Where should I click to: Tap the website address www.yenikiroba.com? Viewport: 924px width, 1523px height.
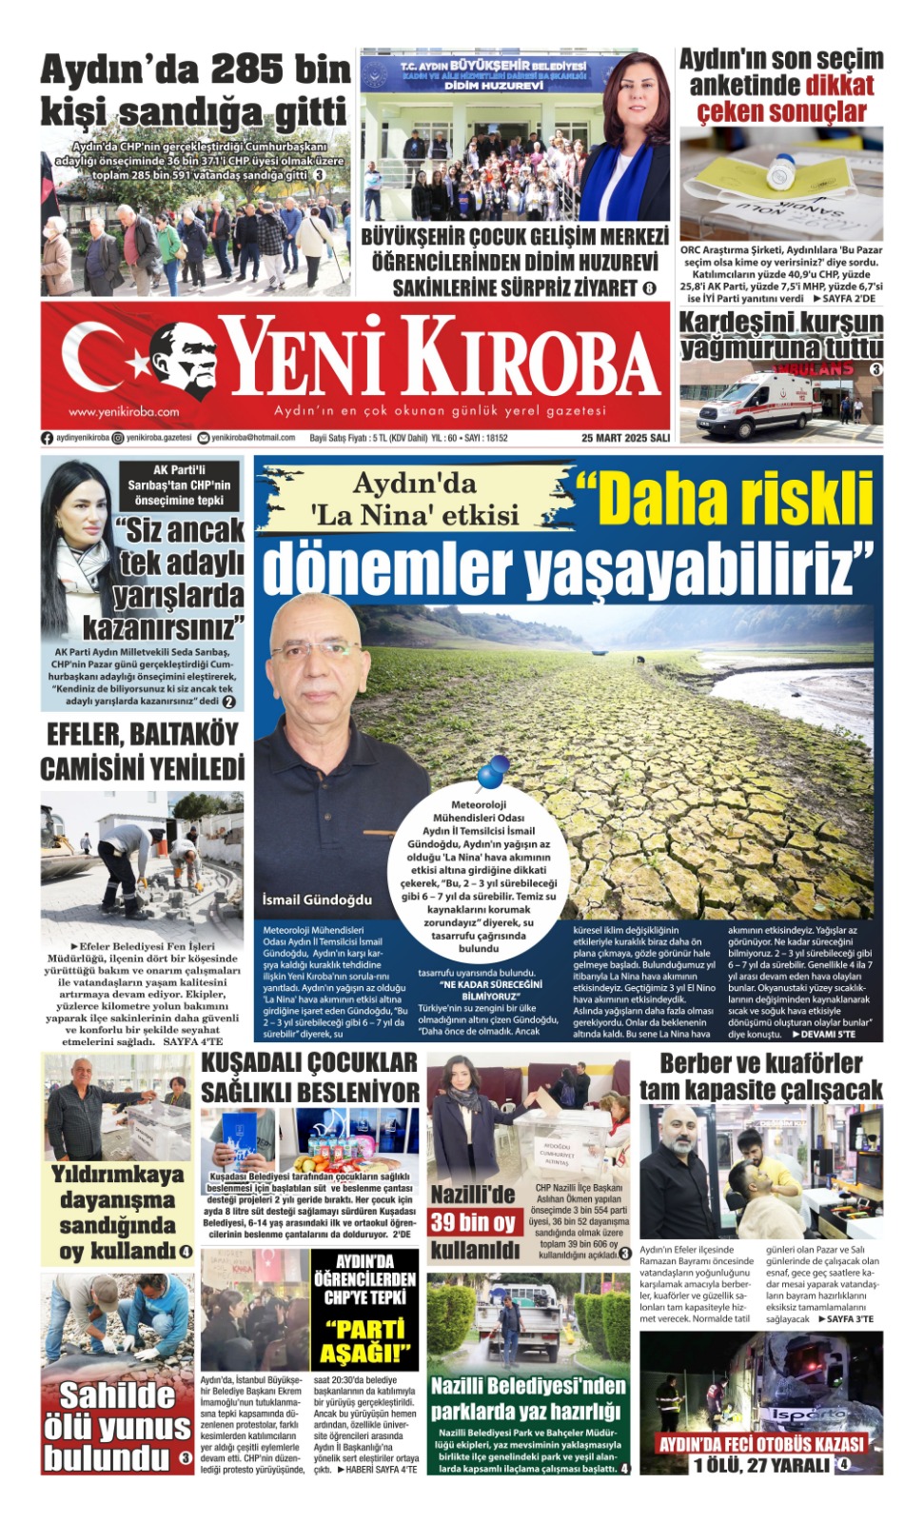[124, 412]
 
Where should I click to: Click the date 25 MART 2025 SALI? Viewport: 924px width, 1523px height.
[625, 438]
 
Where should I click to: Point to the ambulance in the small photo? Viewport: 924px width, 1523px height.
[757, 405]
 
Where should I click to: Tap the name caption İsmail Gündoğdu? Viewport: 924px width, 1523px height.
[317, 900]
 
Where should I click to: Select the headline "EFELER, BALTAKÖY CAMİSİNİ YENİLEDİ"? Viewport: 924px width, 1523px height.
[143, 751]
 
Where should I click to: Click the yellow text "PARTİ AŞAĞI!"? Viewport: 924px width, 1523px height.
[364, 1340]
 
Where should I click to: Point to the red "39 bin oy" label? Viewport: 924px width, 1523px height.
[473, 1223]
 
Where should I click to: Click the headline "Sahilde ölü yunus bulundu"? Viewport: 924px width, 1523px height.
[117, 1426]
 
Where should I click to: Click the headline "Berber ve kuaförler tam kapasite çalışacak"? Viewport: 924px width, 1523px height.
[760, 1077]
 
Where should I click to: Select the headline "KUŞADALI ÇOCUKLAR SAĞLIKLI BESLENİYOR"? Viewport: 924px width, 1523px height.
[310, 1077]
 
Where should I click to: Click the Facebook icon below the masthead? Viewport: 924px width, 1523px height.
[48, 438]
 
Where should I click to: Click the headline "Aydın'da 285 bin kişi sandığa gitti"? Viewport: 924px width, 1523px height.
[195, 90]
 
